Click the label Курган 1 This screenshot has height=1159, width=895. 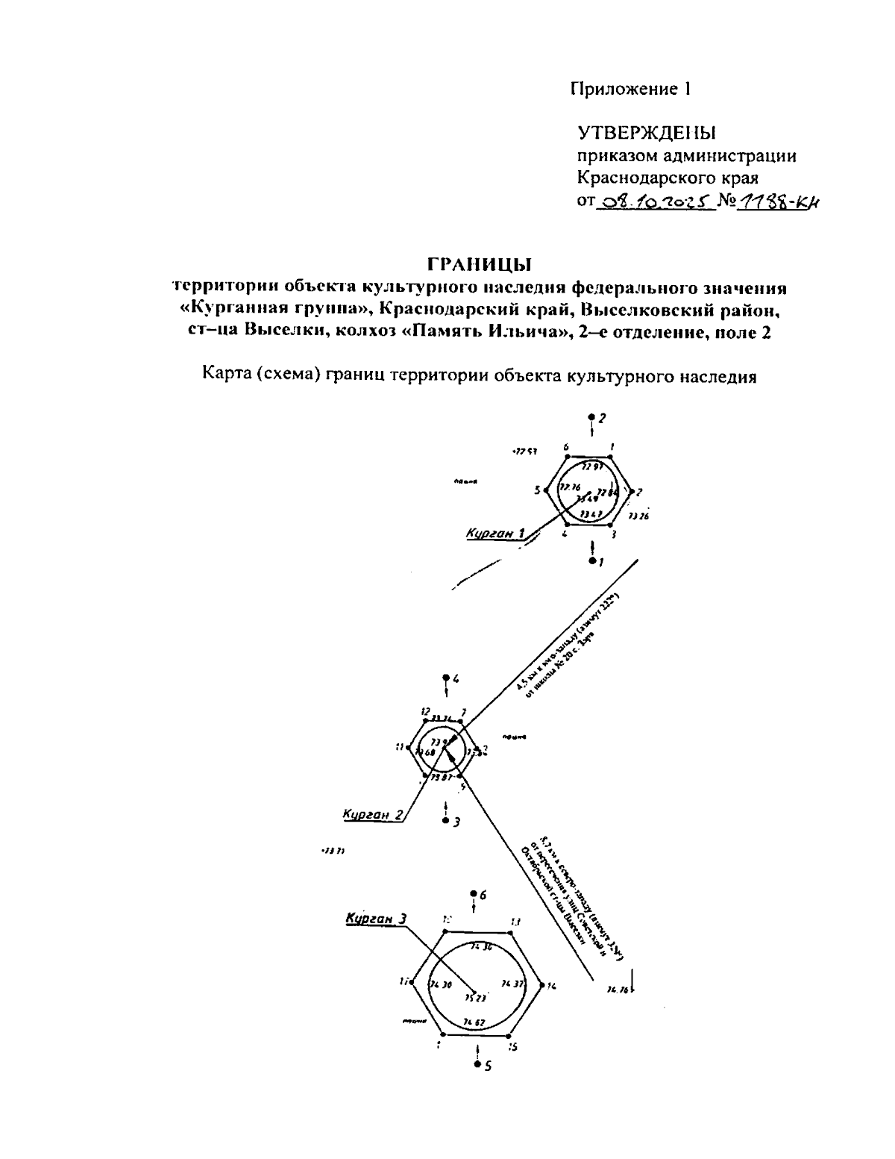[495, 533]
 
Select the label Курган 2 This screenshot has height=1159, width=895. [372, 814]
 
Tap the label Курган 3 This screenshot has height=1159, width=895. [375, 919]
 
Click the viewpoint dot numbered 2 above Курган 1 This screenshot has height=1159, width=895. [592, 417]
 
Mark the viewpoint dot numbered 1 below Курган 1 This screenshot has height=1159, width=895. [592, 560]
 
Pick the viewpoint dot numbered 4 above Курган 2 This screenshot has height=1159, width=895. [446, 678]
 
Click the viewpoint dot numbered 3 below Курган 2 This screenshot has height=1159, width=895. [446, 820]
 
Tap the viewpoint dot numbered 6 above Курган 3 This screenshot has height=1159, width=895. [474, 894]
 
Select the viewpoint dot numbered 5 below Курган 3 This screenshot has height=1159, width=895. [477, 1064]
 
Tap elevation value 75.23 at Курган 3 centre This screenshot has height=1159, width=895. [476, 997]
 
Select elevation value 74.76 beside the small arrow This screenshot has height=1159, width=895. [618, 990]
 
